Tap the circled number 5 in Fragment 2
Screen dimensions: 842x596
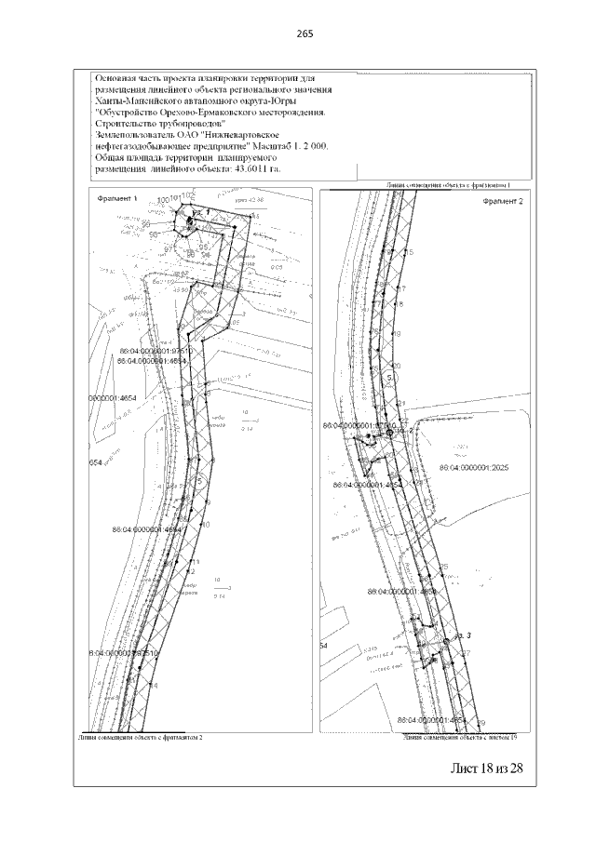point(389,377)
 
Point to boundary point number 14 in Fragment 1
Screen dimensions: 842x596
point(153,686)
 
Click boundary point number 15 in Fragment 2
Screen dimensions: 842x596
point(408,252)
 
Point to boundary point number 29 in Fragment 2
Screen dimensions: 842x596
point(481,723)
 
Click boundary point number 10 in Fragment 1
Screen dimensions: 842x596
point(206,525)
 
